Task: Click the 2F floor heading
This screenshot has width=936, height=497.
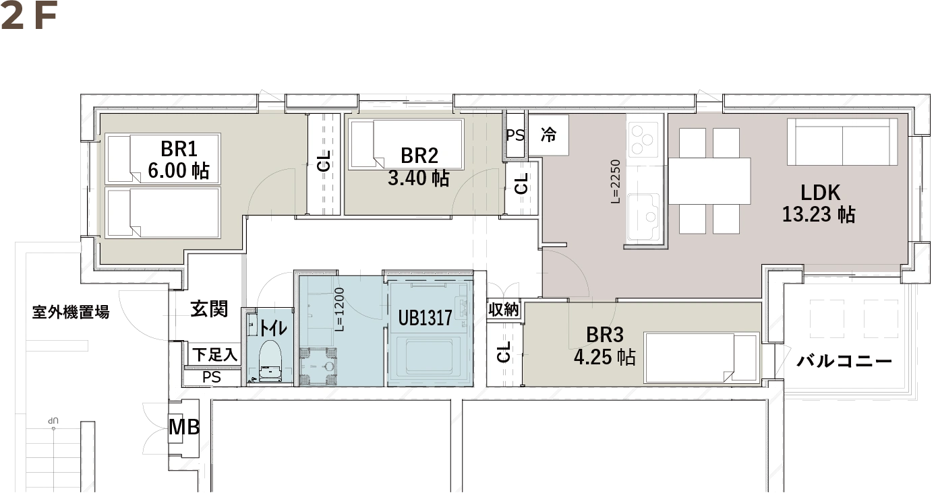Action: [29, 18]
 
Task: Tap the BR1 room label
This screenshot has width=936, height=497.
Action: [179, 149]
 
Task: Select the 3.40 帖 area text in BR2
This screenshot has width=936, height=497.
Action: [418, 178]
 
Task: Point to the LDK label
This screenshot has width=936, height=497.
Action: [820, 193]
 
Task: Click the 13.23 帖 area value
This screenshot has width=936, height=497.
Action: [819, 214]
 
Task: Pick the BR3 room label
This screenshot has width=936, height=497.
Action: [605, 335]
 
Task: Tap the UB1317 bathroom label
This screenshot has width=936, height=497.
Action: [425, 318]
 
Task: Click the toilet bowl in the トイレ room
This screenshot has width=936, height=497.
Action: [270, 362]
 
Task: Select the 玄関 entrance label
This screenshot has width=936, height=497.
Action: [209, 309]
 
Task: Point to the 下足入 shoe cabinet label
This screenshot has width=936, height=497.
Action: [214, 355]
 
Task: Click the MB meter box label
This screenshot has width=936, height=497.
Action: [184, 427]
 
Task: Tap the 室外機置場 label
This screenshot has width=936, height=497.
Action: [71, 312]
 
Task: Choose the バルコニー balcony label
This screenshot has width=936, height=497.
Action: [844, 360]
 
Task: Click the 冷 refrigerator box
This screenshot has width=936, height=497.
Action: [549, 135]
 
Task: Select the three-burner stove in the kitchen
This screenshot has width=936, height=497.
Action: [643, 139]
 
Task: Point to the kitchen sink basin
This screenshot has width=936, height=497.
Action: [643, 216]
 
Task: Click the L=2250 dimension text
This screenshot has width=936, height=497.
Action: [615, 182]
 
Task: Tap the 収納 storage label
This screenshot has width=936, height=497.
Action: [504, 310]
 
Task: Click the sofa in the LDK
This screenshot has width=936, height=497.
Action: [842, 142]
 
